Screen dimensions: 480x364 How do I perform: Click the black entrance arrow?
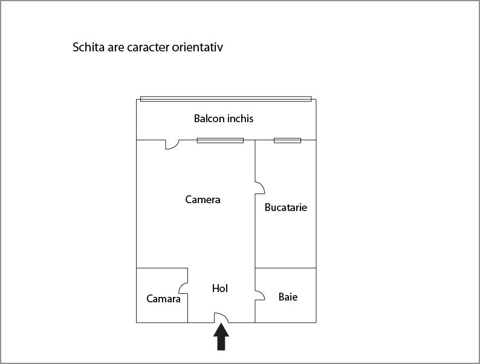[221, 337]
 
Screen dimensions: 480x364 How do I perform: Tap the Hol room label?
[220, 288]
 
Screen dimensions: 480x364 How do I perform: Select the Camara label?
[163, 299]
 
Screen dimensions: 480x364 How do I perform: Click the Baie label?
[288, 297]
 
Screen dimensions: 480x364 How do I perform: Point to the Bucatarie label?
[285, 207]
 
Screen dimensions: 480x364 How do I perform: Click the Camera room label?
[203, 200]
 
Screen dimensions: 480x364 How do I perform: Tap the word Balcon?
[208, 119]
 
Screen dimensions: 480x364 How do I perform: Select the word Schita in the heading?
[88, 47]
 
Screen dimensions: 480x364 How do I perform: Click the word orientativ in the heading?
[197, 47]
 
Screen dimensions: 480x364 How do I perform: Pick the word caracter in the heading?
[148, 47]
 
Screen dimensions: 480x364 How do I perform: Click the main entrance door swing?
[221, 317]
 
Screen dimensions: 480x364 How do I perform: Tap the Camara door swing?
[183, 288]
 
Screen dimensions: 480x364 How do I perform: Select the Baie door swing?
[260, 295]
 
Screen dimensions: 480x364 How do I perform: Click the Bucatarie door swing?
[260, 187]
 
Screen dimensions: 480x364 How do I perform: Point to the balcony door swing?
[172, 145]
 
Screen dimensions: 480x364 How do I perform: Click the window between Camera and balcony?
[220, 140]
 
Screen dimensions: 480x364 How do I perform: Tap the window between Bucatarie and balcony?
[287, 140]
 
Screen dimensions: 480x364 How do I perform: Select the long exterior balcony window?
[226, 99]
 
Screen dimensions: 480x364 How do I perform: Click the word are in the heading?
[115, 48]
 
